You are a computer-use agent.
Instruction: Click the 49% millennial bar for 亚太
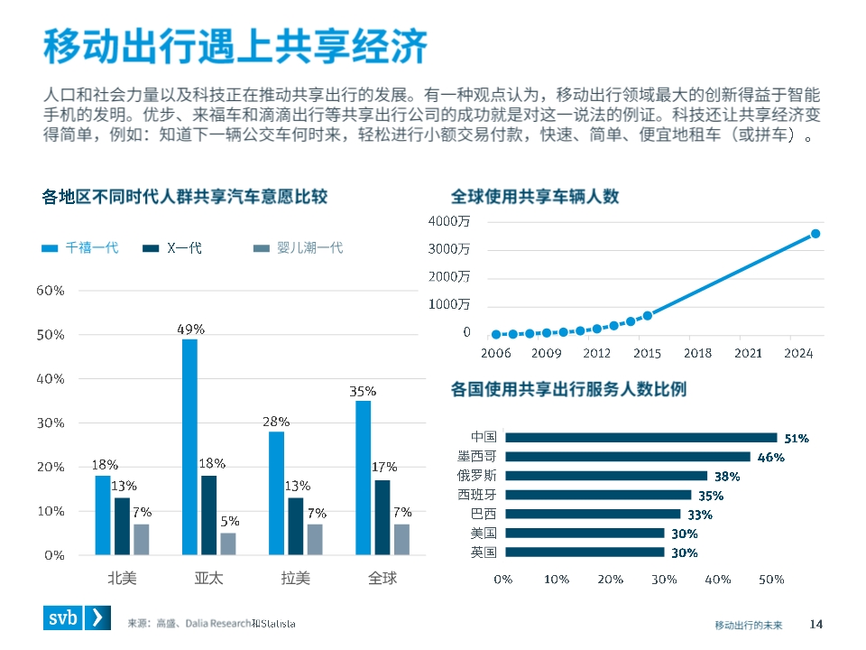click(x=189, y=447)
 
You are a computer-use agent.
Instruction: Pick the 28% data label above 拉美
click(x=276, y=422)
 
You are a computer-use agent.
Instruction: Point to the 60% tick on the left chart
click(x=50, y=291)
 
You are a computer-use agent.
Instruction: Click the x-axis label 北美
click(x=122, y=578)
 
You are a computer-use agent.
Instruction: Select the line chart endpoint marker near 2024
click(x=815, y=233)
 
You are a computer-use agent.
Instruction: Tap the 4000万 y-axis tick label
click(x=448, y=221)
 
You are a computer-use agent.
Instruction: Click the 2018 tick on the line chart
click(x=698, y=353)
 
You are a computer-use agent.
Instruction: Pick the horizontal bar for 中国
click(x=640, y=437)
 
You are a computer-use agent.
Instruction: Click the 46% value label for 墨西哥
click(x=770, y=458)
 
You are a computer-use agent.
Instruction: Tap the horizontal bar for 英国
click(x=584, y=552)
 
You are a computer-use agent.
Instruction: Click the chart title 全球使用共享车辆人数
click(x=535, y=196)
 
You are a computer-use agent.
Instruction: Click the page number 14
click(x=816, y=624)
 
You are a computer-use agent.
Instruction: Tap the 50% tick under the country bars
click(x=771, y=579)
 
